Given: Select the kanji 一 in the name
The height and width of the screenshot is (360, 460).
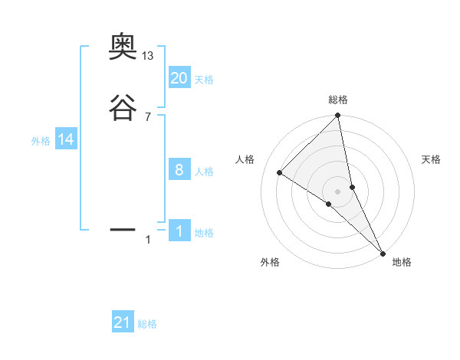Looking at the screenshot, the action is [123, 228].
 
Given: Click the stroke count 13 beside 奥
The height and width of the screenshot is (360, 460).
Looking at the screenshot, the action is [148, 55].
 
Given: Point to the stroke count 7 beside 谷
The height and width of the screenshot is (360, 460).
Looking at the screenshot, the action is [148, 116].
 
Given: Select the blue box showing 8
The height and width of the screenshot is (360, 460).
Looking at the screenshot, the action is [179, 170].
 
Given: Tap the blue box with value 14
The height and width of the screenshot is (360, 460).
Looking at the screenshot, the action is [66, 139].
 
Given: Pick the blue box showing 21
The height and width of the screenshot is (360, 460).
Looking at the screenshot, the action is [123, 322].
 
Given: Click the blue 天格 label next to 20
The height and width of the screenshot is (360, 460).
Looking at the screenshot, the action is [204, 80].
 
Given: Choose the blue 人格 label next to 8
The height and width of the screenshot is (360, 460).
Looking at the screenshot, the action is [204, 172].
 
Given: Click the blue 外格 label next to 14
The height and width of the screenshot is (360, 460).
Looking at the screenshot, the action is [41, 141].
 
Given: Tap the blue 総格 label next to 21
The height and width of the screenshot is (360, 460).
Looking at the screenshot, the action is [147, 325].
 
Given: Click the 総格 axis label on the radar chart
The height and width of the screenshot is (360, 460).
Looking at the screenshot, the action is [338, 100].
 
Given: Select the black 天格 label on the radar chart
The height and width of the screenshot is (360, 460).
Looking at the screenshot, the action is [431, 159].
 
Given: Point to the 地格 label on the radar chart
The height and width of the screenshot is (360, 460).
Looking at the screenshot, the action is [402, 262].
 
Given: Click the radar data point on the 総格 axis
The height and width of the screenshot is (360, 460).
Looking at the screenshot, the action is [338, 116].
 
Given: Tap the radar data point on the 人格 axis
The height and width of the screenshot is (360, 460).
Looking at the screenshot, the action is [280, 172].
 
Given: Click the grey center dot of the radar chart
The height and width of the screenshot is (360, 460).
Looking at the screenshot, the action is [338, 191].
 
